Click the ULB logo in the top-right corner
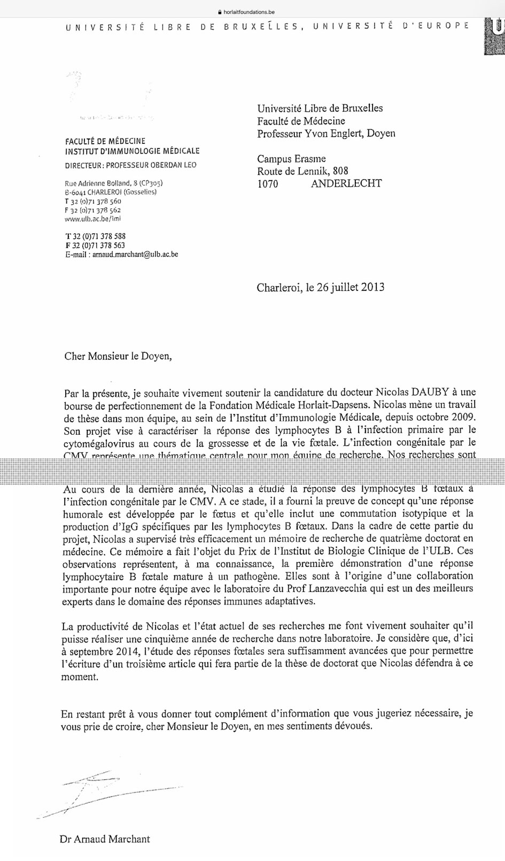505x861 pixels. point(494,36)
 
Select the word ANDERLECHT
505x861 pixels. point(346,184)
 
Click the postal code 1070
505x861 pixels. point(268,184)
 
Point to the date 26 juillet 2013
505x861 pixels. point(343,287)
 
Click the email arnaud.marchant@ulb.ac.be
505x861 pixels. point(135,255)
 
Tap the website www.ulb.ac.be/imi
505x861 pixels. point(93,219)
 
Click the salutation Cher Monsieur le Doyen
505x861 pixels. point(119,356)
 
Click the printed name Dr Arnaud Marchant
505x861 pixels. point(105,839)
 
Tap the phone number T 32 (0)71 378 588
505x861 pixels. point(95,236)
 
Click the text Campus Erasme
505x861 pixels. point(291,159)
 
